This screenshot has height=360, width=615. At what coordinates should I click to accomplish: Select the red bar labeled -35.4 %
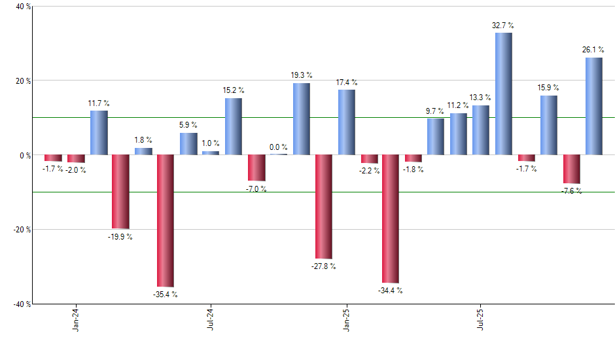(x=166, y=221)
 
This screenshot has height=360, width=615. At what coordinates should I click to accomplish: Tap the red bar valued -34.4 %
(x=391, y=219)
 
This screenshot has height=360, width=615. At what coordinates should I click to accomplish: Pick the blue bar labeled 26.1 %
(x=593, y=106)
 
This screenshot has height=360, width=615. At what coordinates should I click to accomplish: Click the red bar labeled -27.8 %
(x=323, y=207)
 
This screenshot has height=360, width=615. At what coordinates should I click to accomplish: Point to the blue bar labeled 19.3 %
(x=301, y=119)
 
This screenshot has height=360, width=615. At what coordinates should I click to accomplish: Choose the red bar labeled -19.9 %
(x=120, y=192)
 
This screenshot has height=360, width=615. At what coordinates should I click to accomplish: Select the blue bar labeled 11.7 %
(x=98, y=133)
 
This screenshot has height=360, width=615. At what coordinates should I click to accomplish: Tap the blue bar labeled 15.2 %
(x=233, y=126)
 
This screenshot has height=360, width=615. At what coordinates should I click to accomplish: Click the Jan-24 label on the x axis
(x=77, y=319)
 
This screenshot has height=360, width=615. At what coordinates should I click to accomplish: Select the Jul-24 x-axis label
(x=211, y=319)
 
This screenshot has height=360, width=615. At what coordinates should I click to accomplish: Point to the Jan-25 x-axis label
(x=346, y=319)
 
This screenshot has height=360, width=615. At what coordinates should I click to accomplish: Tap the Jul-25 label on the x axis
(x=481, y=319)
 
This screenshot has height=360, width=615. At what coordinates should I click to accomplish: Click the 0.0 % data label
(x=278, y=147)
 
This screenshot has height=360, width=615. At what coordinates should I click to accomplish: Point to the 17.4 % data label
(x=346, y=82)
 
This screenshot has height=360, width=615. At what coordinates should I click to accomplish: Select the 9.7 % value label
(x=436, y=111)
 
